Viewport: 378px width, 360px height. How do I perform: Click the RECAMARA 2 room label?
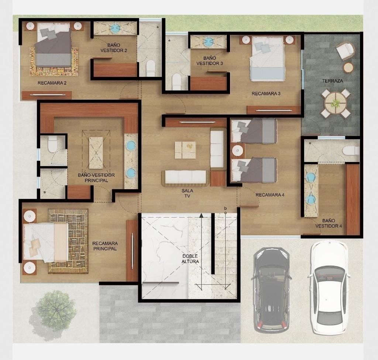(x=52, y=83)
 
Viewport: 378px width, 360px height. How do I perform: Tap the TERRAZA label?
(x=333, y=81)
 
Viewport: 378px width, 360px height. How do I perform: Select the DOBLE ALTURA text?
(x=190, y=259)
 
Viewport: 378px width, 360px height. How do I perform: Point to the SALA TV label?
(x=187, y=193)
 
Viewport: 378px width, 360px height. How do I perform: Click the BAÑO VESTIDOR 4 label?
(x=329, y=223)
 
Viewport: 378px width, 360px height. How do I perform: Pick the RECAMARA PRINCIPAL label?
(x=105, y=246)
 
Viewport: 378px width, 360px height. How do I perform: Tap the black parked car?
(x=271, y=290)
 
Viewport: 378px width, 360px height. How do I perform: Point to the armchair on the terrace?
(x=346, y=51)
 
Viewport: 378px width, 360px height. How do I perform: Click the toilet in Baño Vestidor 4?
(x=351, y=151)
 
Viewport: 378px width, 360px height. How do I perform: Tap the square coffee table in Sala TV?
(x=185, y=150)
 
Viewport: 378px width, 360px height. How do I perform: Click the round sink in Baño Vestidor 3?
(x=208, y=42)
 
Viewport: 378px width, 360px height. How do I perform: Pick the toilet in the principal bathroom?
(x=52, y=144)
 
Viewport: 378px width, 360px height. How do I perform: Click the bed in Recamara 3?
(x=267, y=59)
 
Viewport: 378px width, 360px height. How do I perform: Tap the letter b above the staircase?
(x=226, y=208)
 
